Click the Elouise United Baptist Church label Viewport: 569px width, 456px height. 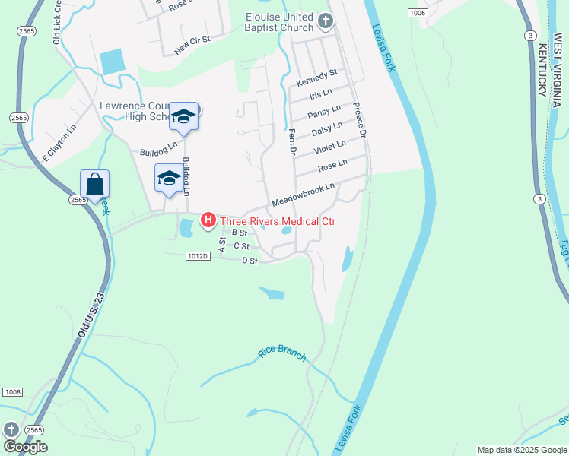pos(279,22)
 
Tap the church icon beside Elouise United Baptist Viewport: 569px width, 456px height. pos(326,20)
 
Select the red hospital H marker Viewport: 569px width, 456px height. pos(207,221)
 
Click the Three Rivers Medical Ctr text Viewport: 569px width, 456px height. pos(278,222)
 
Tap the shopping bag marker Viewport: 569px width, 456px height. pos(94,184)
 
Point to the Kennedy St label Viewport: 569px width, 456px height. pos(317,78)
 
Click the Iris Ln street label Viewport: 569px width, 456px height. pos(322,95)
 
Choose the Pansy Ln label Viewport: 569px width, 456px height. pos(324,112)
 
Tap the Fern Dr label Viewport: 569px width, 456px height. pos(291,142)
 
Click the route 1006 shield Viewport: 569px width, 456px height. pos(416,13)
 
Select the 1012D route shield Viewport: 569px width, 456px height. pos(196,256)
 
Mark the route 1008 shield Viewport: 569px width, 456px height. pos(11,391)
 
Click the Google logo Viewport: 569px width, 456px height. pos(25,446)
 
